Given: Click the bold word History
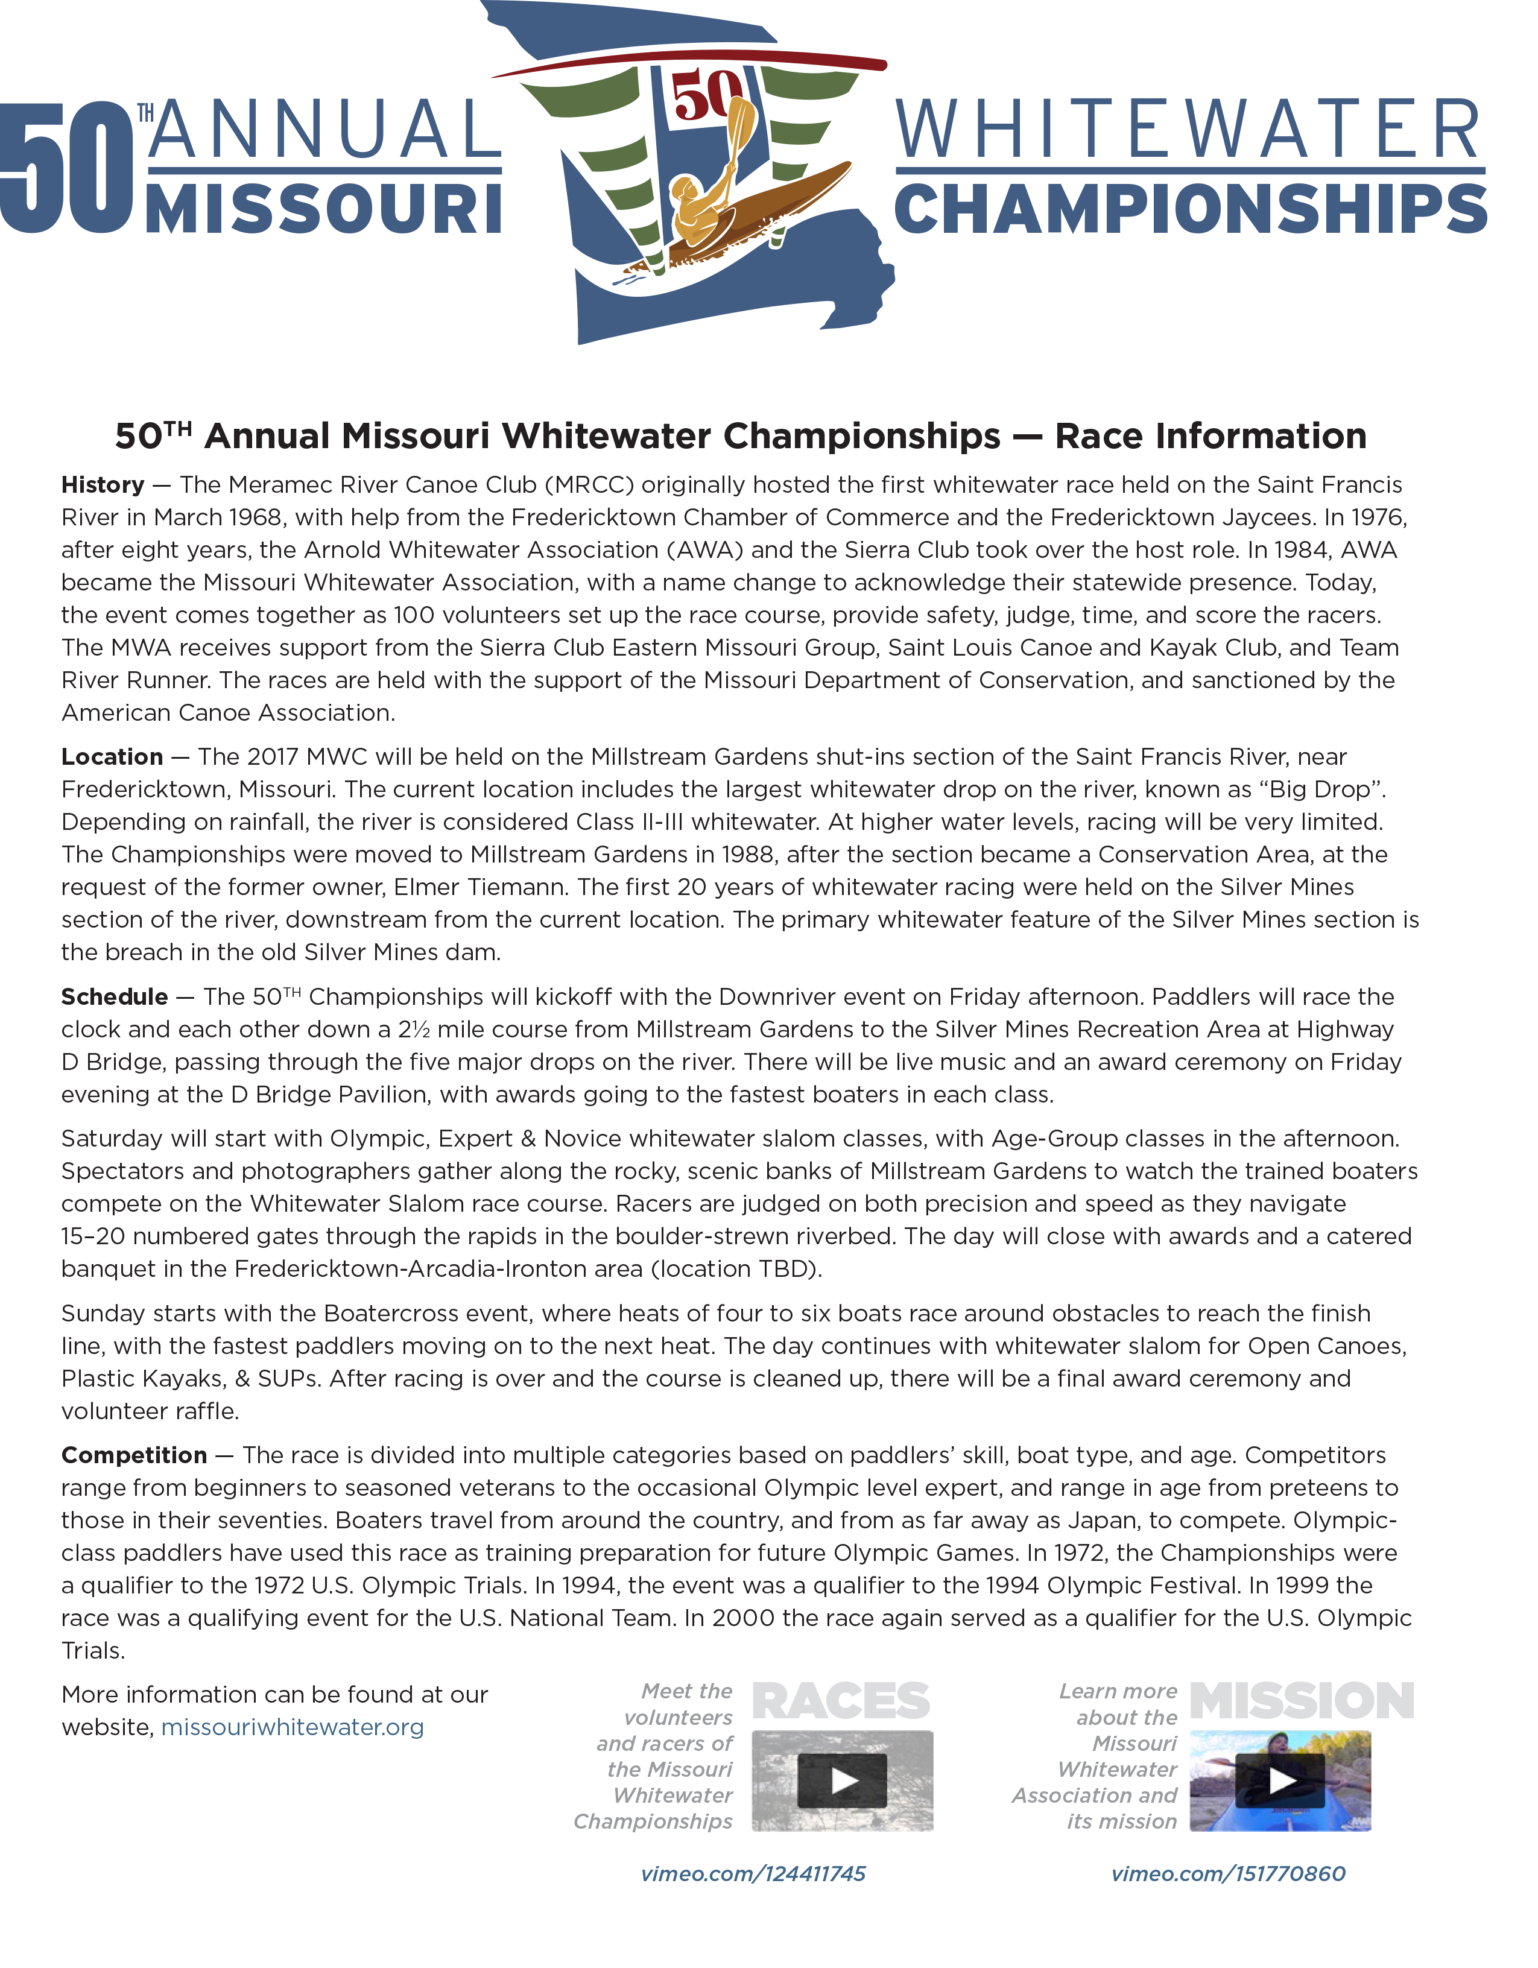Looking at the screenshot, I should pyautogui.click(x=103, y=485).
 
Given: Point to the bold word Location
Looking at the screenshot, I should pyautogui.click(x=112, y=757).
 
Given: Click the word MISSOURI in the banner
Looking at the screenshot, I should pyautogui.click(x=323, y=210).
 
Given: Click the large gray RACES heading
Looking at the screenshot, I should pyautogui.click(x=841, y=1701).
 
